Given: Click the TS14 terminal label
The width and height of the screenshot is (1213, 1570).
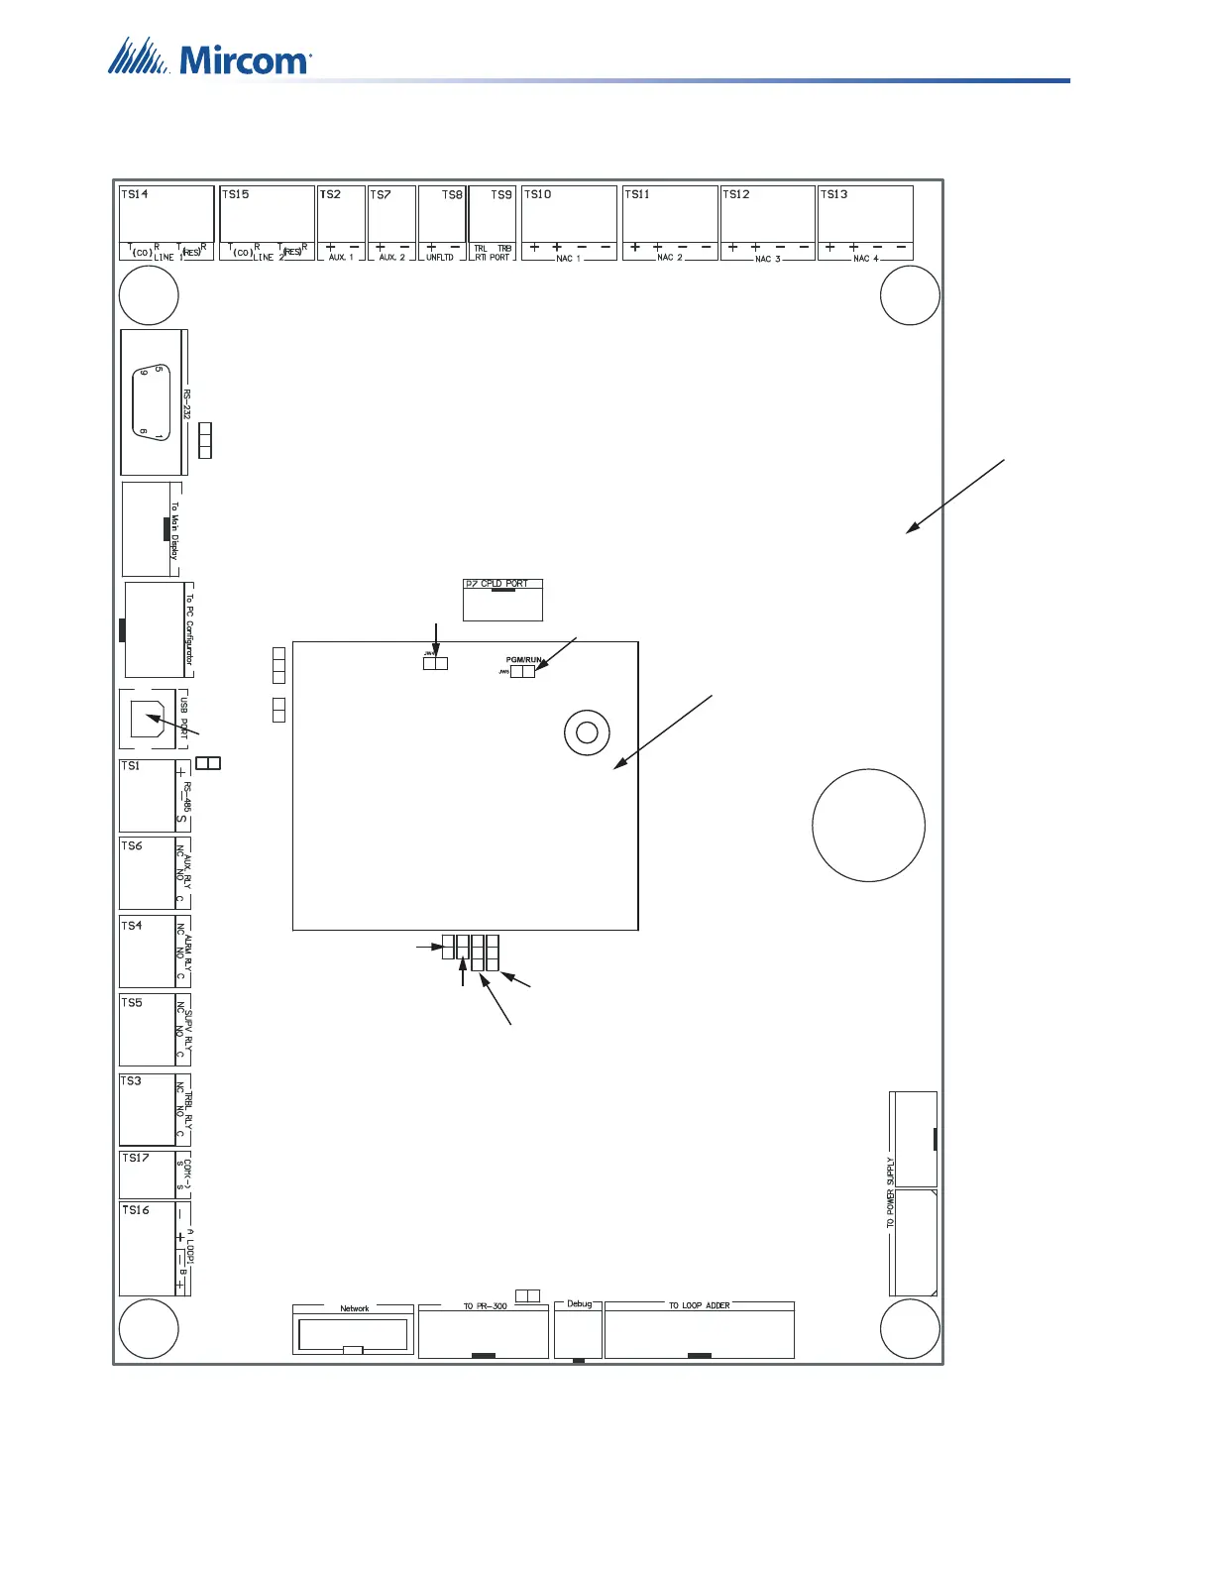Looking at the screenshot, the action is click(134, 194).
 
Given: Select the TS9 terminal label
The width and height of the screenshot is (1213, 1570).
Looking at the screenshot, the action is click(501, 194).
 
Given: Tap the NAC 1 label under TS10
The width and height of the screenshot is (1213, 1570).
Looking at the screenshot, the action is click(568, 258).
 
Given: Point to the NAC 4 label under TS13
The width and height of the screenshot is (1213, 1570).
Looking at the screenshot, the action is click(865, 258).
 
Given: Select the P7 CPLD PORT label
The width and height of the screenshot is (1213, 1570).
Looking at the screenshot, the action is click(496, 584).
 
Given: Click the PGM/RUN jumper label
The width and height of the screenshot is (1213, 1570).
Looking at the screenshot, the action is click(524, 659).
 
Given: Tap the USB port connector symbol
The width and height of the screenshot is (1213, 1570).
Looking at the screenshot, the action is click(147, 719).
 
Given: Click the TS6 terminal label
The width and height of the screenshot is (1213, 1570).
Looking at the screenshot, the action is click(132, 845).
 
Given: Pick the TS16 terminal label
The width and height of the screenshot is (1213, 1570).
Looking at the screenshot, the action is click(136, 1209).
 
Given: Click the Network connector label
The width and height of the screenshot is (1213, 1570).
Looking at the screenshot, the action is click(354, 1308).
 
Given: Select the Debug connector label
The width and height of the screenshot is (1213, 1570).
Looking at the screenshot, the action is click(579, 1303).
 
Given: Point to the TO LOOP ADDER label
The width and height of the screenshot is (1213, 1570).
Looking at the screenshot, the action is click(699, 1305).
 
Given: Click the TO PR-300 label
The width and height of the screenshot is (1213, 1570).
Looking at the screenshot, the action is click(485, 1306).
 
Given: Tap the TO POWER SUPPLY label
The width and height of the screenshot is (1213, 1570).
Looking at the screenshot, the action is click(890, 1192).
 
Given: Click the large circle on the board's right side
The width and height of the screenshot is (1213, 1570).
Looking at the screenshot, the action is click(868, 825).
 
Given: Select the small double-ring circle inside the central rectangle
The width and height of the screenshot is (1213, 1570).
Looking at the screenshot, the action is click(586, 732).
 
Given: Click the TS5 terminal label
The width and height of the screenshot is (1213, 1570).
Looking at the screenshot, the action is click(132, 1002).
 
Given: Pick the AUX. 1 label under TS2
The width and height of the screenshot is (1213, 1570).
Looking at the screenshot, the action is click(341, 258).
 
